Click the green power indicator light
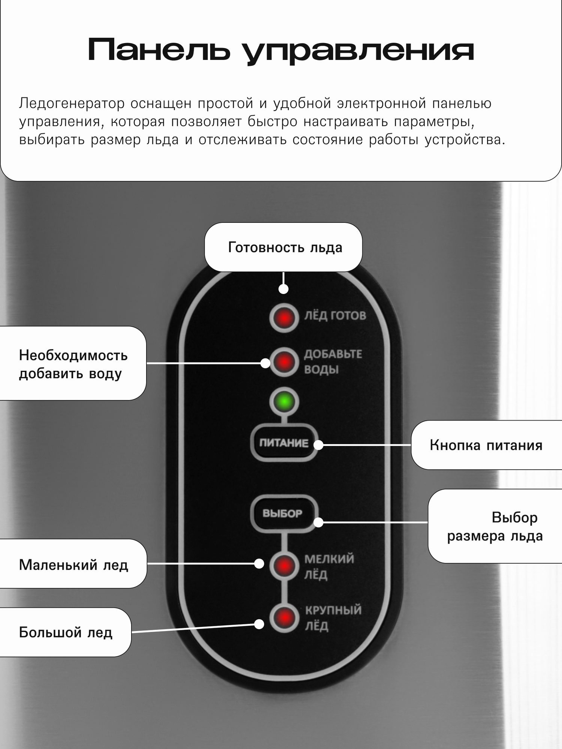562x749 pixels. (284, 402)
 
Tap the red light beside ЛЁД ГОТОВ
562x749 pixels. (284, 318)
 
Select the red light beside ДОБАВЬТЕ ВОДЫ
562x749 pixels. (284, 362)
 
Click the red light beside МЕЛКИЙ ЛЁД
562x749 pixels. (284, 565)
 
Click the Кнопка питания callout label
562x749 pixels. (486, 445)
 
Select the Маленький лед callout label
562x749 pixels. (73, 564)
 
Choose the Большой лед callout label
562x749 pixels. (66, 632)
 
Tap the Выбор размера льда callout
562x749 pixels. (495, 526)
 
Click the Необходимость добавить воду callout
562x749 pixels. (73, 364)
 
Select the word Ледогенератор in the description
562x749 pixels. (72, 103)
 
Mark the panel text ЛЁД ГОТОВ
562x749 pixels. (335, 315)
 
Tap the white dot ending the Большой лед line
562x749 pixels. (259, 624)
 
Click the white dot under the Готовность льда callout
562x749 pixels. (284, 289)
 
